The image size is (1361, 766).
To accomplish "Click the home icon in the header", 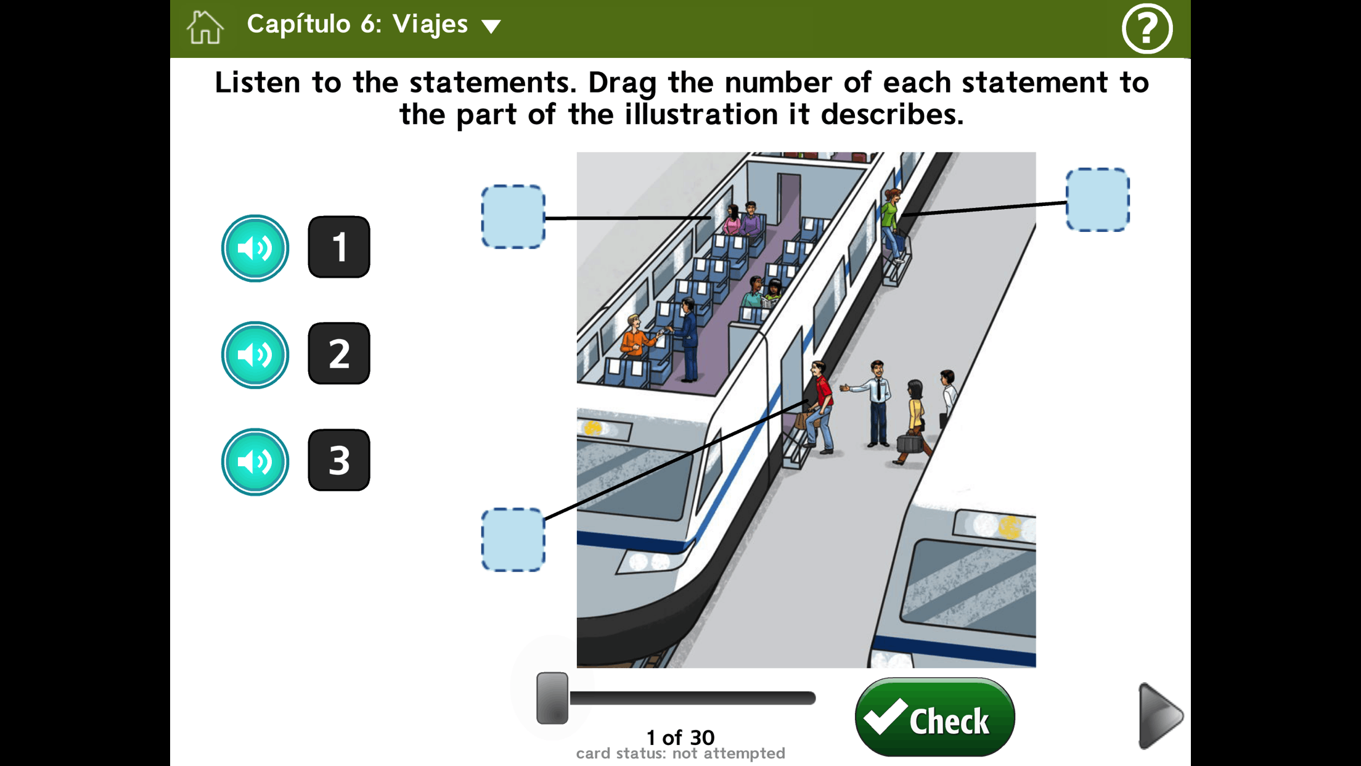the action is [205, 28].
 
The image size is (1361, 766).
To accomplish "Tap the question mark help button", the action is [1146, 28].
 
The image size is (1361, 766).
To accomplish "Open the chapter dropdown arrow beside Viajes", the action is [491, 27].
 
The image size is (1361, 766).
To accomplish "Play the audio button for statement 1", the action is [255, 248].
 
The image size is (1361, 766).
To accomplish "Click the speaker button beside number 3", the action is [255, 461].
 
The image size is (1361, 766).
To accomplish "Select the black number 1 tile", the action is [339, 247].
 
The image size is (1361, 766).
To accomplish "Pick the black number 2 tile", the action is [339, 353].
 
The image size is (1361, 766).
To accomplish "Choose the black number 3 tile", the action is [339, 460].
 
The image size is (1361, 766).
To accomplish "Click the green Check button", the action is [934, 717].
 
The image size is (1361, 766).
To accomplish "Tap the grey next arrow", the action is [1159, 716].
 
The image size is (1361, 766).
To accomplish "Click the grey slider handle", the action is [552, 698].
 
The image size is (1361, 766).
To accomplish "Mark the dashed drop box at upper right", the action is [1098, 200].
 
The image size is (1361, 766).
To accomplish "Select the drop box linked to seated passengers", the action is [513, 217].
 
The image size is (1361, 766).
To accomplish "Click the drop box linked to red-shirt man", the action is [513, 540].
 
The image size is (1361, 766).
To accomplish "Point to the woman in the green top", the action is [891, 225].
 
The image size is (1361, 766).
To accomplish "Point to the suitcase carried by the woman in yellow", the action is [909, 443].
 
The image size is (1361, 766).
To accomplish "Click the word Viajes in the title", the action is [430, 25].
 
